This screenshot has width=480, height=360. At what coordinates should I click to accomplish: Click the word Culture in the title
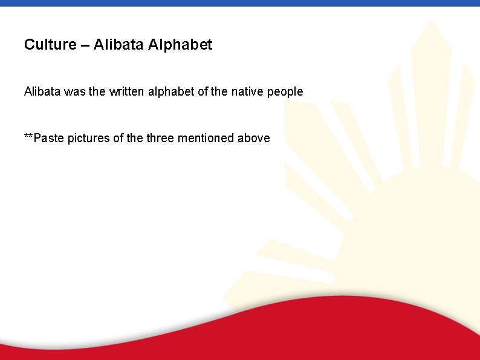[x=50, y=45]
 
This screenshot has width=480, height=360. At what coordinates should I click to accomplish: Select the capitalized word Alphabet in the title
[x=180, y=45]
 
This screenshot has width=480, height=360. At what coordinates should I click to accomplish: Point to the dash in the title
[x=85, y=45]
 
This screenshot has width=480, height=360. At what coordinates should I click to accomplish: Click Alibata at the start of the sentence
[x=42, y=92]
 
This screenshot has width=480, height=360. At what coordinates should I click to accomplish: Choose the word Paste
[x=49, y=139]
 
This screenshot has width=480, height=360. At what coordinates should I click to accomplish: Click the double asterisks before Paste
[x=29, y=137]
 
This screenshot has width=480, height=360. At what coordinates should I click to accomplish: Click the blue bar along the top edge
[x=240, y=3]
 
